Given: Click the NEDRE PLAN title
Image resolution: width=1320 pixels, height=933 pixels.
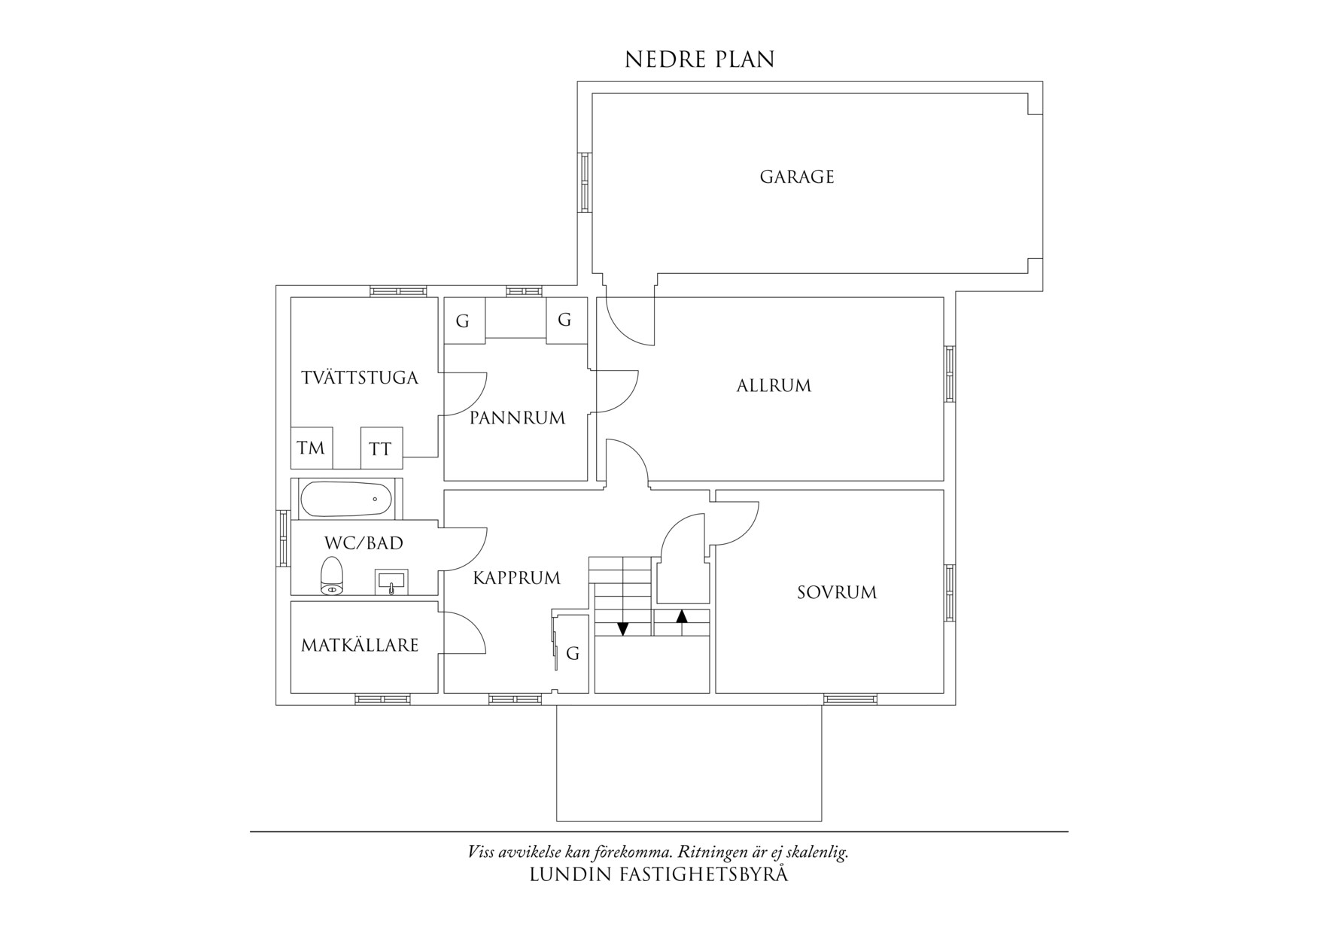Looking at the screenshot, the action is coord(699,60).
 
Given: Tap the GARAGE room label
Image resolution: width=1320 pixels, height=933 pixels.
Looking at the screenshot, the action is coord(797,177).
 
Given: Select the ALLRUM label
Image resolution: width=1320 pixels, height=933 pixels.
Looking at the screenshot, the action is coord(774,386).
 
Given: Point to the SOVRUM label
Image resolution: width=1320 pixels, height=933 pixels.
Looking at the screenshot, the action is coord(837,593).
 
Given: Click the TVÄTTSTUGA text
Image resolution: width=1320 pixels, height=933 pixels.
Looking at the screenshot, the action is coord(360,378).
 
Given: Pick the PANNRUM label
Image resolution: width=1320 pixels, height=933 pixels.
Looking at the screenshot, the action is coord(517,418).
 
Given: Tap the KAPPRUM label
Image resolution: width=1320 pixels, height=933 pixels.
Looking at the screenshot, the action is coord(517,578).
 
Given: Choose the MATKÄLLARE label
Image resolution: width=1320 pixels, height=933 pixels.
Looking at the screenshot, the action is coord(360,645).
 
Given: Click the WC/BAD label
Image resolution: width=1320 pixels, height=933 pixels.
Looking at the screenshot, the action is coord(363,542).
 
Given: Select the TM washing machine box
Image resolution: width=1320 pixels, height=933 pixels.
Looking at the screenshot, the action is coord(312,448).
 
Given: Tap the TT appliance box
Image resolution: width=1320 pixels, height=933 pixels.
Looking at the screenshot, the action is coord(382,448).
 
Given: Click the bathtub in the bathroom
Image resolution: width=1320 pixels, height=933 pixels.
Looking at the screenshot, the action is coord(346,499).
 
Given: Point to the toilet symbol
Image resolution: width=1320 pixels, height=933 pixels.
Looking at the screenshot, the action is coord(332,576).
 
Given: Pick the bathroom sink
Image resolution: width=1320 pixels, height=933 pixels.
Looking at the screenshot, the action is coord(391,581).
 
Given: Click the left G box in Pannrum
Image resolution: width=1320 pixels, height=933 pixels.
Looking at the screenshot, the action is coord(464,321).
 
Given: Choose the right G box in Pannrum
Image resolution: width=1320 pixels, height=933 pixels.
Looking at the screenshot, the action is coord(566,321).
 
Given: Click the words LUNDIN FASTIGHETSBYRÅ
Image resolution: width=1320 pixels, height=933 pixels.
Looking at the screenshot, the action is coord(659,874).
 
